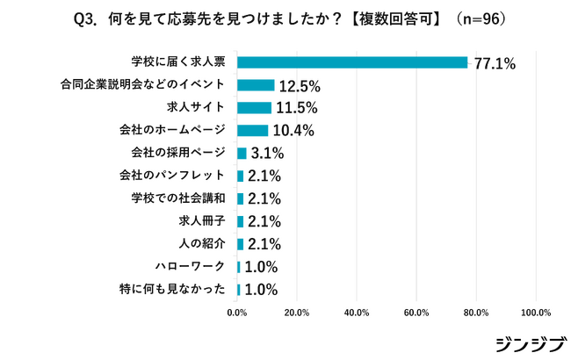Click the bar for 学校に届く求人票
(x=351, y=62)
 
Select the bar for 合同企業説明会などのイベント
(x=256, y=85)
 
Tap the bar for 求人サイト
(x=254, y=108)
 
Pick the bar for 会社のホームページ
(x=252, y=130)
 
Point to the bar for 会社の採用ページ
(x=242, y=153)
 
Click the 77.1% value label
(x=495, y=63)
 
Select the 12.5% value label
(x=300, y=86)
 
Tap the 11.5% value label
(x=296, y=109)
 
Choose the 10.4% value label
(x=293, y=131)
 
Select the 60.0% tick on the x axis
(x=416, y=312)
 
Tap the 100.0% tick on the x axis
(x=536, y=312)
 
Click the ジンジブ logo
(x=524, y=343)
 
